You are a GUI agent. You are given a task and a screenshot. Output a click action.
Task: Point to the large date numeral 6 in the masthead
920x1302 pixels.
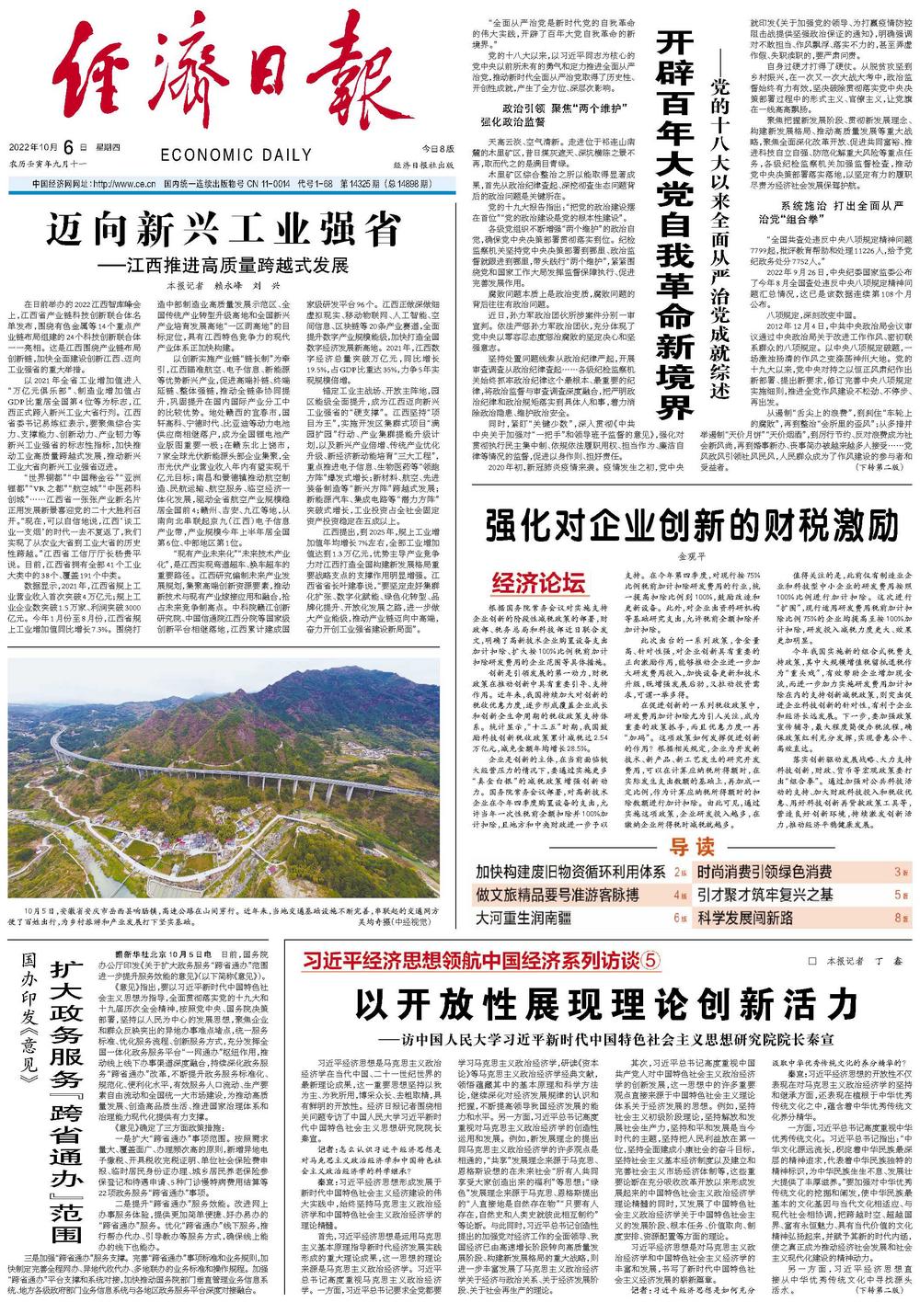pyautogui.click(x=95, y=148)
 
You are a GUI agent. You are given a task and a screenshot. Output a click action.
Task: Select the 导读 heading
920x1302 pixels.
pyautogui.click(x=692, y=847)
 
